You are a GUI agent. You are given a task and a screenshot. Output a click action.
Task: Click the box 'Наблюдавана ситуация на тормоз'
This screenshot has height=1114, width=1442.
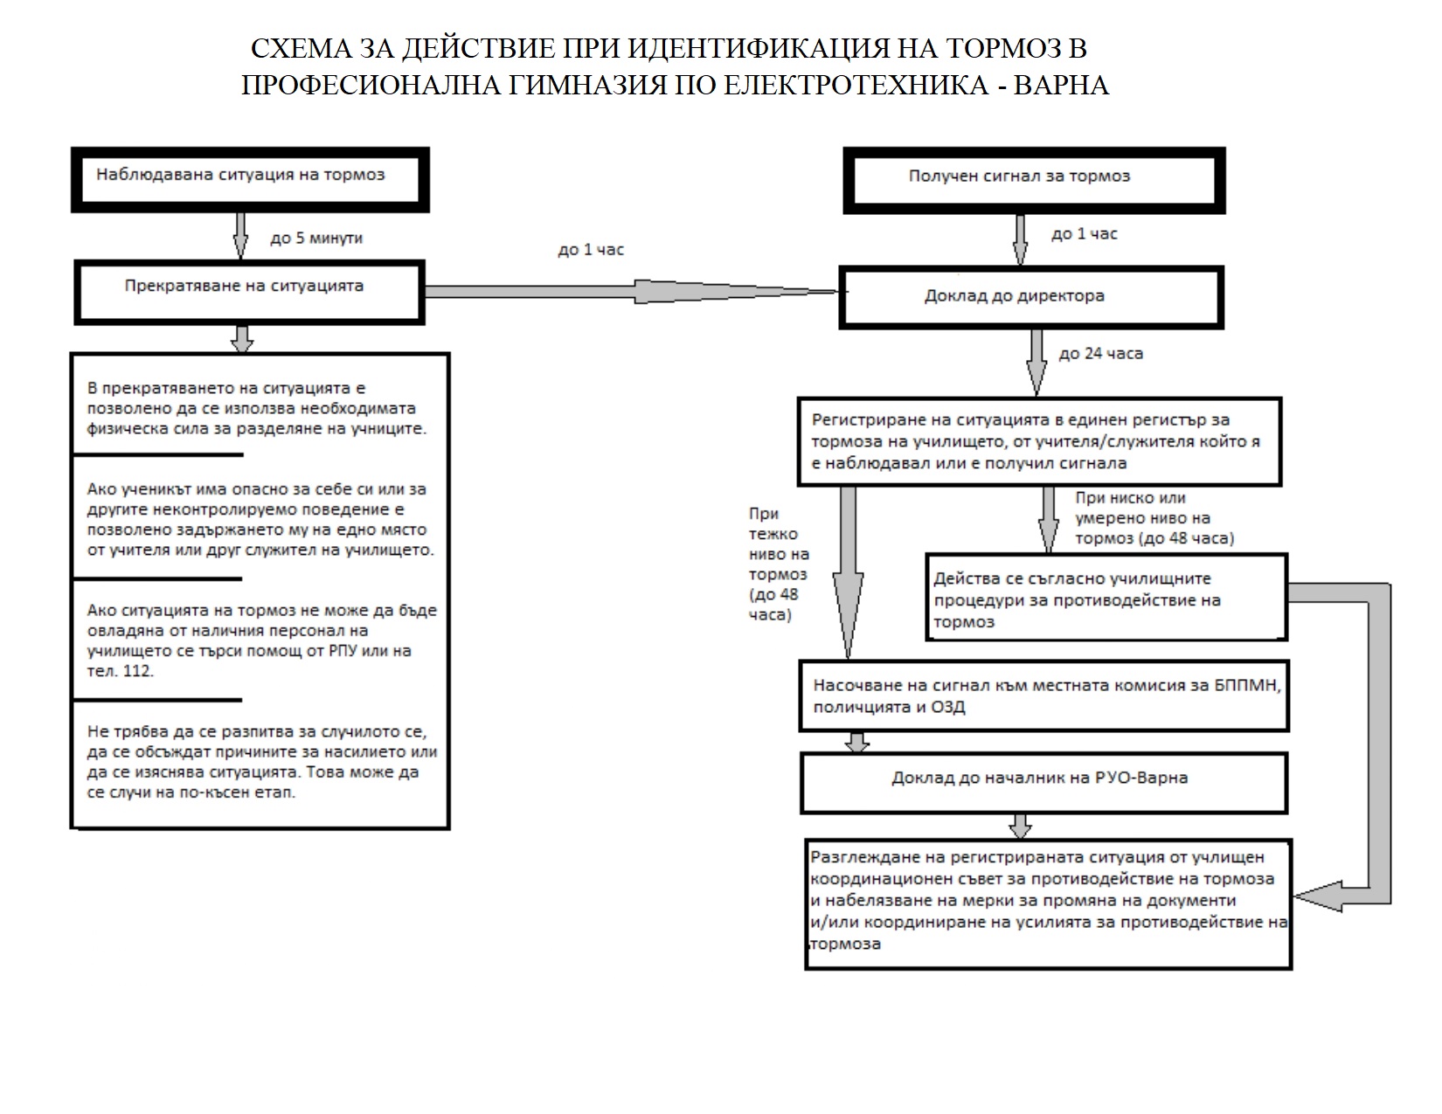tap(250, 178)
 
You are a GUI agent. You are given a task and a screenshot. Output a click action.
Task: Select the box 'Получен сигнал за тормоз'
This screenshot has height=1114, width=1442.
tap(1034, 181)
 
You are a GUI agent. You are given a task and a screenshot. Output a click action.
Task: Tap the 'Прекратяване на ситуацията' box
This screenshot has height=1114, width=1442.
tap(250, 291)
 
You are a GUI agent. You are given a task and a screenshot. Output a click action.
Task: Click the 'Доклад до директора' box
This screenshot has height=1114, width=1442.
tap(1031, 298)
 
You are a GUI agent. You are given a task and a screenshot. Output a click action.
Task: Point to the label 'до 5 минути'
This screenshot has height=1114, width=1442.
tap(316, 238)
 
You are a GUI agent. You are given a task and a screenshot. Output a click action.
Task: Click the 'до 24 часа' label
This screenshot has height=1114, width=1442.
tap(1100, 354)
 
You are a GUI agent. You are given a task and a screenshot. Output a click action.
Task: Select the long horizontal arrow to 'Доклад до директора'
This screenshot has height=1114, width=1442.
tap(629, 292)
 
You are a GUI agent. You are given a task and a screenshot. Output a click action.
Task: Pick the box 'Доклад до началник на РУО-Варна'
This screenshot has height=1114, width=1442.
tap(1043, 783)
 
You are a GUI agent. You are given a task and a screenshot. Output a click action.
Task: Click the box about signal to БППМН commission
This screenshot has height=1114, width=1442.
tap(1043, 695)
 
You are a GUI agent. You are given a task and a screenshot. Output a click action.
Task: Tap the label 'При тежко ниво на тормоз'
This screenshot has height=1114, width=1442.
tap(779, 564)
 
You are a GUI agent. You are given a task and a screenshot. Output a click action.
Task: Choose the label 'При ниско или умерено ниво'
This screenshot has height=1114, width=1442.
tap(1154, 518)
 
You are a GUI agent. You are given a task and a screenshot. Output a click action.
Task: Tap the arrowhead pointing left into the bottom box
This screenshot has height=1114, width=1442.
tap(1315, 896)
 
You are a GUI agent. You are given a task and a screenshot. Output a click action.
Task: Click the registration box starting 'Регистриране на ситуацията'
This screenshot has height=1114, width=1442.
tap(1038, 441)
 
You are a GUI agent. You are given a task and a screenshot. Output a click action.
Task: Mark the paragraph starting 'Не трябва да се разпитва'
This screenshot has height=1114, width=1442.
tap(262, 763)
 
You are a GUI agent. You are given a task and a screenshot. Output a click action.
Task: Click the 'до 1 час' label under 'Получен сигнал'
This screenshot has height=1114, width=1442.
tap(1084, 234)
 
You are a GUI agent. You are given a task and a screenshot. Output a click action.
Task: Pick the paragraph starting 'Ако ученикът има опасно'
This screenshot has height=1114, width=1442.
tap(258, 520)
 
